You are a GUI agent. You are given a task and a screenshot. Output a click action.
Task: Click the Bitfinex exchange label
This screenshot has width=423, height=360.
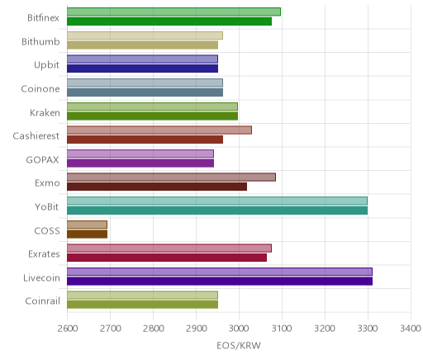pyautogui.click(x=43, y=18)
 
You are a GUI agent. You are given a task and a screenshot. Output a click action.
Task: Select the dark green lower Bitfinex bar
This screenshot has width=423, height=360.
pyautogui.click(x=169, y=21)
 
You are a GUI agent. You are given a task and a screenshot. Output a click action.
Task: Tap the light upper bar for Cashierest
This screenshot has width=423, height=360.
pyautogui.click(x=159, y=130)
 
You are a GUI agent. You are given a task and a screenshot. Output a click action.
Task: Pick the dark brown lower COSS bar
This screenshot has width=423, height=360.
pyautogui.click(x=87, y=234)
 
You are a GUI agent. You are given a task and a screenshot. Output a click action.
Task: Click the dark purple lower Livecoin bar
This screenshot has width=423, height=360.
pyautogui.click(x=220, y=282)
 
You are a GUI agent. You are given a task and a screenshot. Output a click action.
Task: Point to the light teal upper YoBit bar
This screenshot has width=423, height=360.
pyautogui.click(x=217, y=201)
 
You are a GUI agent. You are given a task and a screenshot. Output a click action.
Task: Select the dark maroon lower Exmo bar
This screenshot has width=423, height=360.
pyautogui.click(x=157, y=187)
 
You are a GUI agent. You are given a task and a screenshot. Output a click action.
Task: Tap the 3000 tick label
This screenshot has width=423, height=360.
pyautogui.click(x=239, y=329)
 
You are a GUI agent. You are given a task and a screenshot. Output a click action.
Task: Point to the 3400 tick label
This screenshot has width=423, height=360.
pyautogui.click(x=411, y=329)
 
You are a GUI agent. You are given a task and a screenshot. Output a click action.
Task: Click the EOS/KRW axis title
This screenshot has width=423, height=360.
pyautogui.click(x=239, y=345)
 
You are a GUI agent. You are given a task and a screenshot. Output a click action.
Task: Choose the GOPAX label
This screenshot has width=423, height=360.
pyautogui.click(x=42, y=160)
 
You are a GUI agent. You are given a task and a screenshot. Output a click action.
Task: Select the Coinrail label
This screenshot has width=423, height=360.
pyautogui.click(x=42, y=301)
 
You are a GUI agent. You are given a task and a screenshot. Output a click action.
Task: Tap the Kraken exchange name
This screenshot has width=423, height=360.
pyautogui.click(x=45, y=112)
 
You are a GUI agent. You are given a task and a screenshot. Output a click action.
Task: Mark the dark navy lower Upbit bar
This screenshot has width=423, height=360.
pyautogui.click(x=142, y=69)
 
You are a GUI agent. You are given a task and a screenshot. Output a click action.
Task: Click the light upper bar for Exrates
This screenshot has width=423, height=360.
pyautogui.click(x=169, y=249)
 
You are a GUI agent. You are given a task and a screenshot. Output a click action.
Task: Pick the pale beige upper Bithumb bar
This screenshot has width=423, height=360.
pyautogui.click(x=145, y=36)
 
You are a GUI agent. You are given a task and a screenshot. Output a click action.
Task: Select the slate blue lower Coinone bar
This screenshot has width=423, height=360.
pyautogui.click(x=145, y=92)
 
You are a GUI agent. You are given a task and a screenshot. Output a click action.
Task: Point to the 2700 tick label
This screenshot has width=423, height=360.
pyautogui.click(x=110, y=329)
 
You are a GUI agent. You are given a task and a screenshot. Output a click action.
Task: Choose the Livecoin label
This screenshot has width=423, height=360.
pyautogui.click(x=41, y=277)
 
